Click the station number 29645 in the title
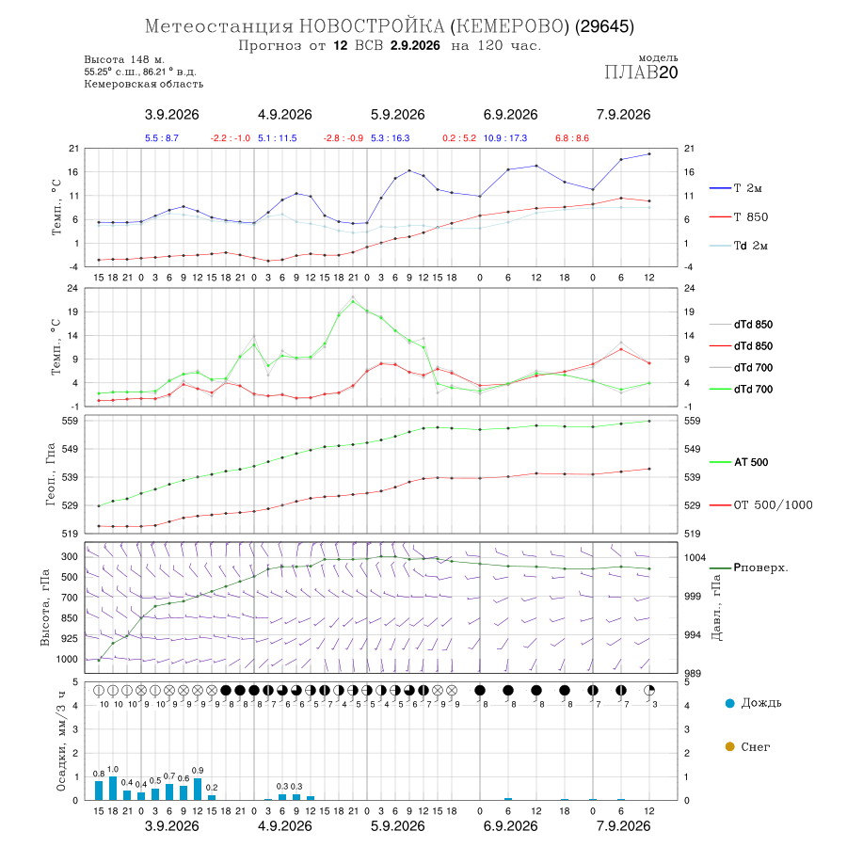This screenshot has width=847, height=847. click(604, 26)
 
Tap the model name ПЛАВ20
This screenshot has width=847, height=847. click(641, 72)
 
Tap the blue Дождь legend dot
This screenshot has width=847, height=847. click(729, 703)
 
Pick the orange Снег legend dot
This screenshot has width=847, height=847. click(729, 746)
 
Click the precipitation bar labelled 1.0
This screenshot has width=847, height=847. click(113, 788)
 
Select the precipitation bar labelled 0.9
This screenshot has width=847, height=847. click(198, 790)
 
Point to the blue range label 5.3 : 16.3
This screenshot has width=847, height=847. click(390, 138)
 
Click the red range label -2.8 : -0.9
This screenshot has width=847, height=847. click(343, 138)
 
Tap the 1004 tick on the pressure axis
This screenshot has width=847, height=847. click(695, 557)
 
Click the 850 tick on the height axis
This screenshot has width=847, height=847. click(69, 618)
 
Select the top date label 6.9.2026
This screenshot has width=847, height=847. click(510, 115)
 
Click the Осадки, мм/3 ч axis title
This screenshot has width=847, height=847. click(60, 742)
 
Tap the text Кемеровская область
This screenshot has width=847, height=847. click(144, 85)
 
